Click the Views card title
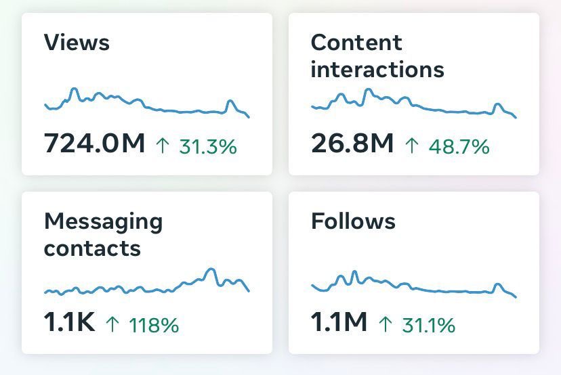[x=77, y=43]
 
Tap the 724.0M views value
[x=94, y=144]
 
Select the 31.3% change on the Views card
[x=208, y=146]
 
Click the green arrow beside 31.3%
[x=163, y=146]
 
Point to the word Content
[x=356, y=43]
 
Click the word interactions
[x=377, y=69]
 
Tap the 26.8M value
[x=352, y=144]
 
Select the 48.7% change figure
[x=459, y=146]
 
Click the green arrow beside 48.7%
[x=411, y=146]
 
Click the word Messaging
[x=104, y=222]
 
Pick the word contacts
[x=92, y=248]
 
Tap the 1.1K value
[x=69, y=322]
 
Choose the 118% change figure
[x=154, y=326]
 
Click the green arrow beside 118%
[x=112, y=325]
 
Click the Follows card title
[x=353, y=221]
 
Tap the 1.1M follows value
[x=339, y=322]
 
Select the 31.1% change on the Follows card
[x=428, y=326]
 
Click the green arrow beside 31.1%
[x=385, y=325]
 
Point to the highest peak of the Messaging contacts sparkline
[x=211, y=269]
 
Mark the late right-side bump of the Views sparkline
[x=230, y=102]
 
